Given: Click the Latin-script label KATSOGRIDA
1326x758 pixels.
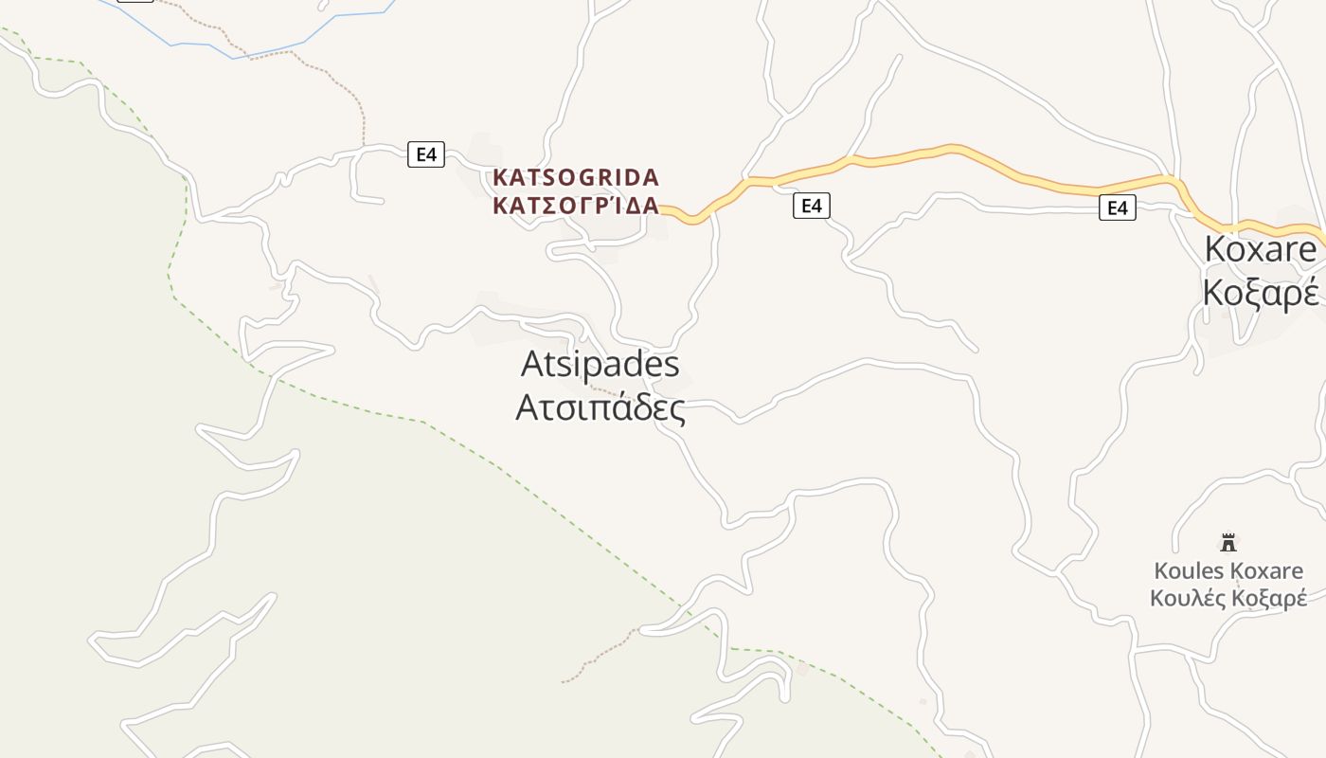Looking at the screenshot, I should tap(576, 177).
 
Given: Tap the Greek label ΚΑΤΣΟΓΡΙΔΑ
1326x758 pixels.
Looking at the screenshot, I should tap(576, 206).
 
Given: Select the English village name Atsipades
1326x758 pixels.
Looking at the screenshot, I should tap(600, 364).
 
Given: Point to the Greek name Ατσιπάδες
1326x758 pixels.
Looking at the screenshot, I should tap(600, 407).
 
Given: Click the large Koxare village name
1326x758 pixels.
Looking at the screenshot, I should tap(1260, 249).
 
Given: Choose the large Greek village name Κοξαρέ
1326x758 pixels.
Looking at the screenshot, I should tap(1260, 293).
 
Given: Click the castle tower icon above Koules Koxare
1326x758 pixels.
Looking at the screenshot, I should tap(1228, 542).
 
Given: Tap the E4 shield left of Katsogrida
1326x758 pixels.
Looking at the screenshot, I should tap(426, 153).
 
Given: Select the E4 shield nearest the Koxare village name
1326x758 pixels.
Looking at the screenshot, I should tap(1118, 208).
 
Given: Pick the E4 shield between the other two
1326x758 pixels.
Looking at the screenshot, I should tap(811, 206).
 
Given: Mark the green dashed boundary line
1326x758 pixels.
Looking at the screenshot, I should tap(398, 416).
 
